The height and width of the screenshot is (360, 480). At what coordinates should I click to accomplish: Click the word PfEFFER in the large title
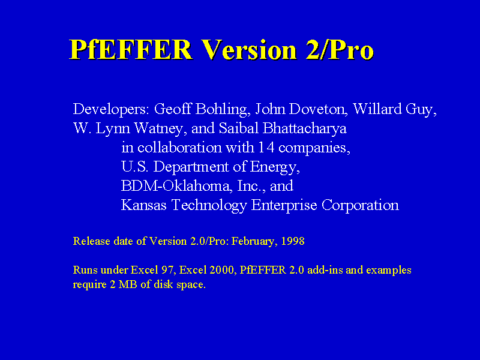click(x=131, y=49)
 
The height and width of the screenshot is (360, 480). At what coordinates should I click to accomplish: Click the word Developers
click(x=111, y=110)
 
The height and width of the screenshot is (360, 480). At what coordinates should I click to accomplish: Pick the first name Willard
click(x=377, y=109)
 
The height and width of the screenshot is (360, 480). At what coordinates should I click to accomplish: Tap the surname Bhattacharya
click(x=304, y=128)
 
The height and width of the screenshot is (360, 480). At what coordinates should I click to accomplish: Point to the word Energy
click(x=275, y=167)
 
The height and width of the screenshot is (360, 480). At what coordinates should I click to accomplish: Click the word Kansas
click(x=143, y=205)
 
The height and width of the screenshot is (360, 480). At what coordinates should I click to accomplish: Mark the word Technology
click(x=209, y=205)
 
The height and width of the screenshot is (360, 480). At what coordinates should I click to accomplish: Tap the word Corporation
click(x=360, y=205)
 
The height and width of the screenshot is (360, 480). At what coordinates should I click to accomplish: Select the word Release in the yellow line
click(x=92, y=241)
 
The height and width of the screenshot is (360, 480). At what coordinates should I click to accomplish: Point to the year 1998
click(x=293, y=241)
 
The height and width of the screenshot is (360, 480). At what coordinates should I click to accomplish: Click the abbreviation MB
click(x=128, y=284)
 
